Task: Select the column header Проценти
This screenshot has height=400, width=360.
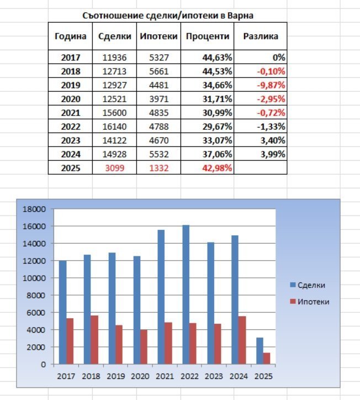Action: [207, 36]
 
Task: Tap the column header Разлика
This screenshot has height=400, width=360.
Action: [260, 36]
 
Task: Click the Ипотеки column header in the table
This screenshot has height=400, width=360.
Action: [158, 36]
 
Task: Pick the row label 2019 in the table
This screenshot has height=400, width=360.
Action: [71, 85]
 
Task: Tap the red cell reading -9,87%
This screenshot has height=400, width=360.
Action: [270, 85]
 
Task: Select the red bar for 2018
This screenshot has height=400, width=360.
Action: [95, 340]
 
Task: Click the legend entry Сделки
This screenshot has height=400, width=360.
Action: [311, 285]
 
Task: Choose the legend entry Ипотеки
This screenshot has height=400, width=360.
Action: [313, 302]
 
